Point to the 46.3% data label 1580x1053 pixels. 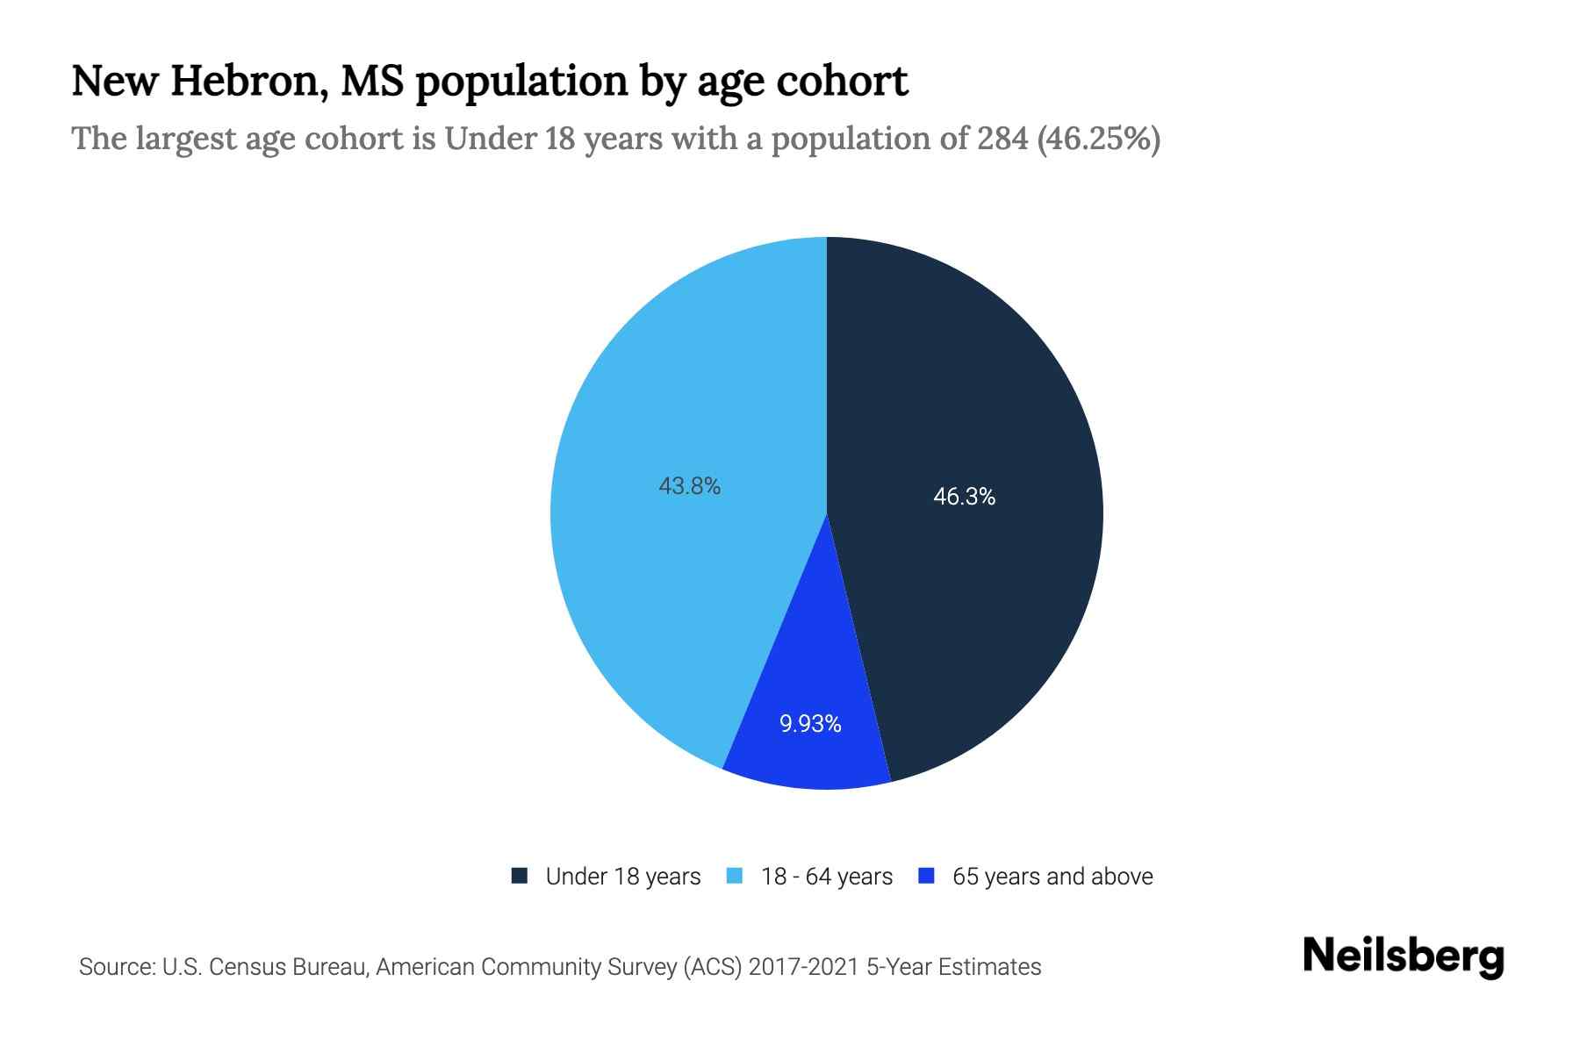pyautogui.click(x=964, y=497)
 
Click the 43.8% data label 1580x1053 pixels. pyautogui.click(x=689, y=485)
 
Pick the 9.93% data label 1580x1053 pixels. pyautogui.click(x=810, y=724)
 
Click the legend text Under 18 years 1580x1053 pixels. pyautogui.click(x=622, y=877)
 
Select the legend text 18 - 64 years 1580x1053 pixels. pyautogui.click(x=826, y=877)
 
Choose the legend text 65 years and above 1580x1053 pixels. pyautogui.click(x=1052, y=877)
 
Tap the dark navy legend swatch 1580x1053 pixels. pyautogui.click(x=520, y=876)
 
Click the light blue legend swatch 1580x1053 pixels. pyautogui.click(x=736, y=876)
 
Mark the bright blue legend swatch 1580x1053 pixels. pyautogui.click(x=926, y=876)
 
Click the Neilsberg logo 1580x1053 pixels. pyautogui.click(x=1403, y=956)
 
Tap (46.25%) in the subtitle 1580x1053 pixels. pyautogui.click(x=1099, y=139)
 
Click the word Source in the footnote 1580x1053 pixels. pyautogui.click(x=115, y=967)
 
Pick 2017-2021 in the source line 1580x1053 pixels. pyautogui.click(x=803, y=967)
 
